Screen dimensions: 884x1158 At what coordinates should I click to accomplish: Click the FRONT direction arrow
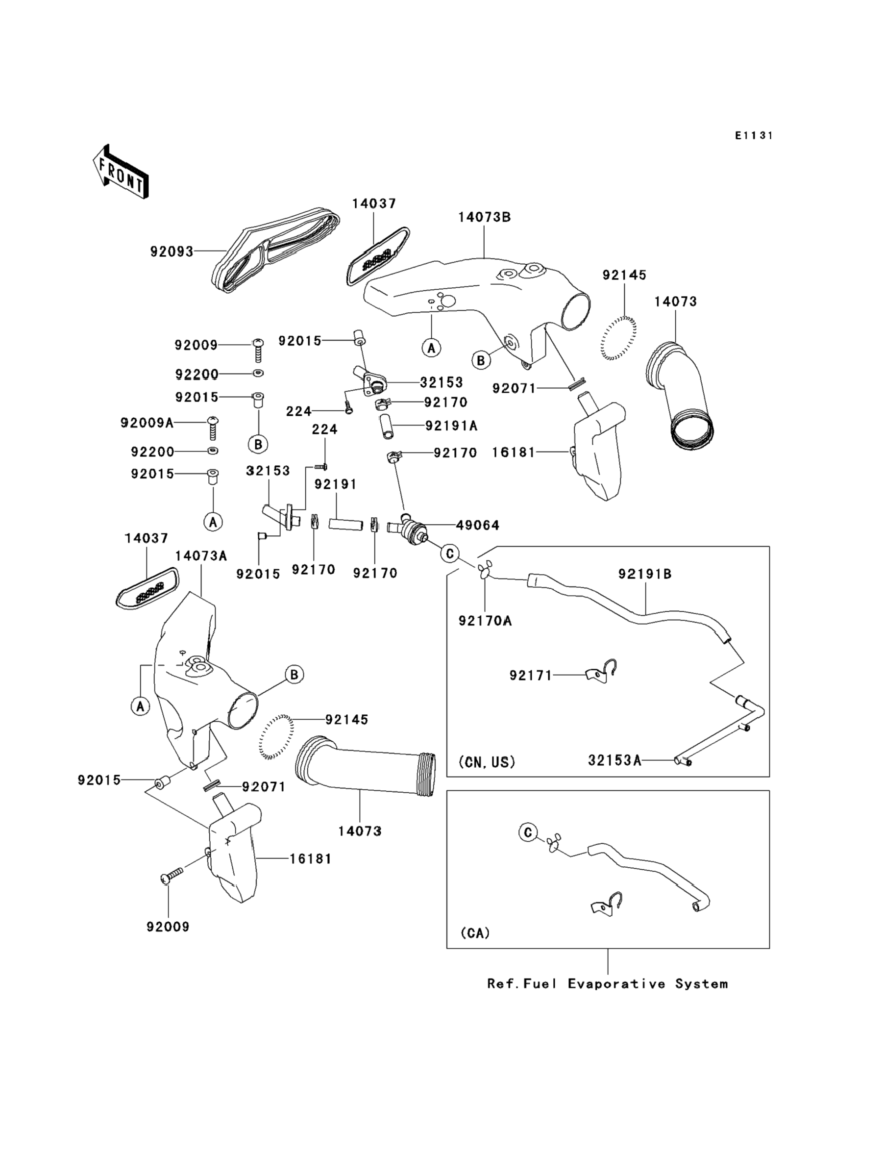(x=121, y=172)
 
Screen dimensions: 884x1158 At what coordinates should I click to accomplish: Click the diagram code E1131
(x=754, y=136)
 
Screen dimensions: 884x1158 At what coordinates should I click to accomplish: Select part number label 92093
(x=172, y=252)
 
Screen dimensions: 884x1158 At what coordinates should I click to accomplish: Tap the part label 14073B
(x=484, y=217)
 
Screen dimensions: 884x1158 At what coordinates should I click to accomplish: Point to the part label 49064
(x=478, y=525)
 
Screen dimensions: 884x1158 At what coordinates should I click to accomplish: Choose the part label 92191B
(x=645, y=574)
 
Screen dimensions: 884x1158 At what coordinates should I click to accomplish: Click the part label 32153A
(x=614, y=760)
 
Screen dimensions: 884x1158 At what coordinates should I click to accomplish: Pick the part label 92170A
(x=485, y=621)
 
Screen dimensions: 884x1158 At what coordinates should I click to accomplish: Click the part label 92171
(x=531, y=675)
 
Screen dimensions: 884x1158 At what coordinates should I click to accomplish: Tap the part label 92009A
(x=147, y=423)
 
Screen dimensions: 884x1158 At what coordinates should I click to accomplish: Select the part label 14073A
(x=201, y=556)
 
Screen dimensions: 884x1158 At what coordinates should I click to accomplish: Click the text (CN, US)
(x=487, y=762)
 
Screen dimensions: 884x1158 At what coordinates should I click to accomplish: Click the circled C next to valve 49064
(x=450, y=554)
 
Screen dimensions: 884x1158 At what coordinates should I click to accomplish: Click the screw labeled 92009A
(x=214, y=428)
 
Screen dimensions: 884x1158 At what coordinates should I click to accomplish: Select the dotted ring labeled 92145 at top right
(x=618, y=338)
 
